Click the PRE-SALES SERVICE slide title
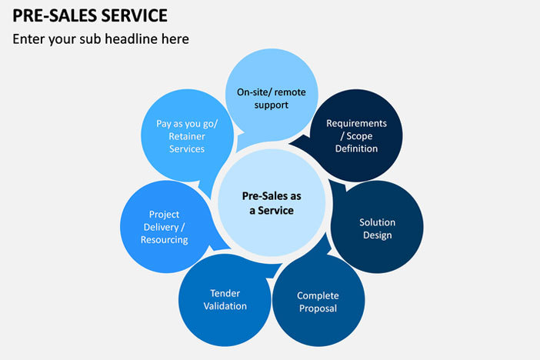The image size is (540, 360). point(90,15)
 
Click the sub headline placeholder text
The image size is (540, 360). point(101,38)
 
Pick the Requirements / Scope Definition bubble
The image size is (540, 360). point(356,135)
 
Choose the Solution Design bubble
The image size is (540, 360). point(377,228)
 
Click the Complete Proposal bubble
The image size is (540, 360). point(318,302)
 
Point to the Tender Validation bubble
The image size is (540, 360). point(225,299)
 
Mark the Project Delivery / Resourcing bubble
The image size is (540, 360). point(164,227)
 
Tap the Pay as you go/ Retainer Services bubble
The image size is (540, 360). point(187,135)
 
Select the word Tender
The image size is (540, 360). point(225,293)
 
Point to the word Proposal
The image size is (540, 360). point(318,308)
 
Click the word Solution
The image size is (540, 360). point(377,222)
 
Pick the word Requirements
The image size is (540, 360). point(356,123)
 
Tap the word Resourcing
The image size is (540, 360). point(164,240)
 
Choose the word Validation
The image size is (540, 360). point(225,306)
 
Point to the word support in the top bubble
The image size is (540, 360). point(271,105)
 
